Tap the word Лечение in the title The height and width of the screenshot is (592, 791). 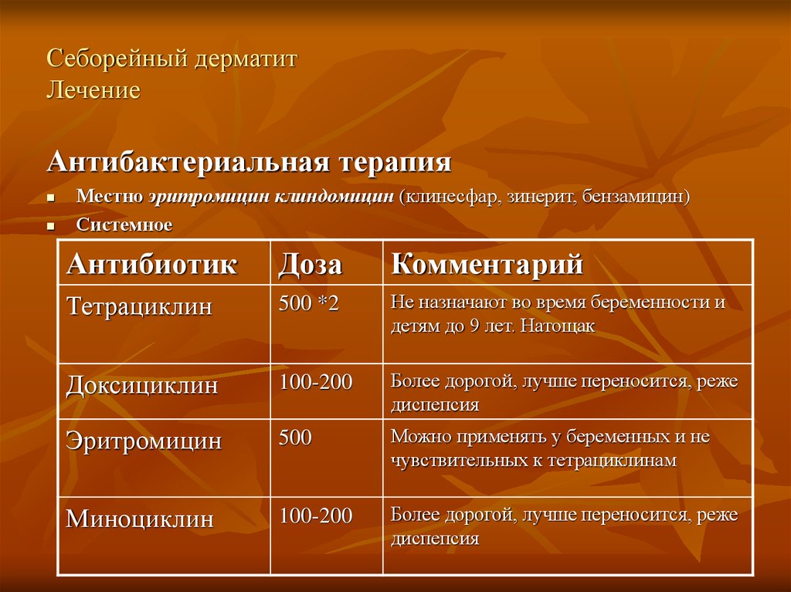pyautogui.click(x=93, y=91)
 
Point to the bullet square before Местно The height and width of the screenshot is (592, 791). pyautogui.click(x=50, y=198)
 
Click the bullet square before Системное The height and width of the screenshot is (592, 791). pyautogui.click(x=50, y=227)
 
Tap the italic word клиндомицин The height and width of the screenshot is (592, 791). pyautogui.click(x=334, y=197)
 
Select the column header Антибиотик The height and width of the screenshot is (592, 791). pyautogui.click(x=152, y=264)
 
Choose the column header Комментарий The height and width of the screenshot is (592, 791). pyautogui.click(x=487, y=264)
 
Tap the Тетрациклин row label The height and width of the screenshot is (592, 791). pyautogui.click(x=139, y=306)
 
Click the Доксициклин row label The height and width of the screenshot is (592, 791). pyautogui.click(x=142, y=386)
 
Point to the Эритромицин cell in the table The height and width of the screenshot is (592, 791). pyautogui.click(x=144, y=441)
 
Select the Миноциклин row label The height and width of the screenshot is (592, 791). pyautogui.click(x=140, y=519)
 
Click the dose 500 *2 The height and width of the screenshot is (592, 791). pyautogui.click(x=309, y=303)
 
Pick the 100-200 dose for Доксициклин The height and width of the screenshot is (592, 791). pyautogui.click(x=316, y=382)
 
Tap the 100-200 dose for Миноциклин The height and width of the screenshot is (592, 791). pyautogui.click(x=316, y=516)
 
